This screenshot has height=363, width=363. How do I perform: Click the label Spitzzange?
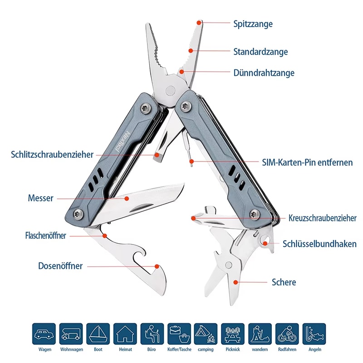click(x=253, y=24)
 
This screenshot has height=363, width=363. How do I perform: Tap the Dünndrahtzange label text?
click(x=264, y=73)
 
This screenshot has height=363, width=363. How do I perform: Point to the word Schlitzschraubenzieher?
click(x=52, y=155)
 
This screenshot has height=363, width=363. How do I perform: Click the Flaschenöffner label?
click(x=45, y=235)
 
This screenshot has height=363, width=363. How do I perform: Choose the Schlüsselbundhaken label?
click(x=319, y=244)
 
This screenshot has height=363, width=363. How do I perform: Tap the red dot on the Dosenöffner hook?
click(x=157, y=266)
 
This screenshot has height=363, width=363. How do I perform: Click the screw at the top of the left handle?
click(x=145, y=107)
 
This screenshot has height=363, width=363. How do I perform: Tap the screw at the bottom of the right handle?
click(x=255, y=212)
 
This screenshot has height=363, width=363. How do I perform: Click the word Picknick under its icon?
click(x=232, y=349)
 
